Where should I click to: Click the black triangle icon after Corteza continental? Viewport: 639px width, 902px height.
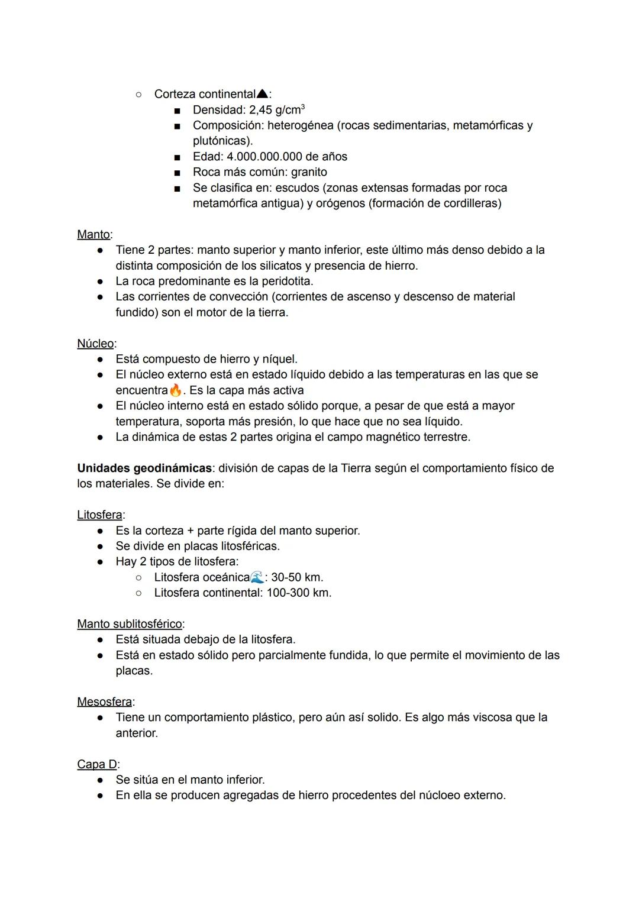263,94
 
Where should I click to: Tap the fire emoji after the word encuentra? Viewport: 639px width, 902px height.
175,390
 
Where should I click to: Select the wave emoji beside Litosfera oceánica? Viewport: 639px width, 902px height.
257,577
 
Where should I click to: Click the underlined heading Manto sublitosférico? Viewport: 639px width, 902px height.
130,624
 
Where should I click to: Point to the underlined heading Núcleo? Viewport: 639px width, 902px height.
95,344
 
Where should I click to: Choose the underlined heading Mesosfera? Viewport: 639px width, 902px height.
104,702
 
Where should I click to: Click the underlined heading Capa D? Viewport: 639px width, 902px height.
97,764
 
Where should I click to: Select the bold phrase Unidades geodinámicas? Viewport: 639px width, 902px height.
144,468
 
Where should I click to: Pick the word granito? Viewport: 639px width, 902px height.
309,172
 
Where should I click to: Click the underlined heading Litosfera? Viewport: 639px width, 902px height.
99,515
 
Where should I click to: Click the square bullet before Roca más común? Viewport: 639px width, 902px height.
177,173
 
